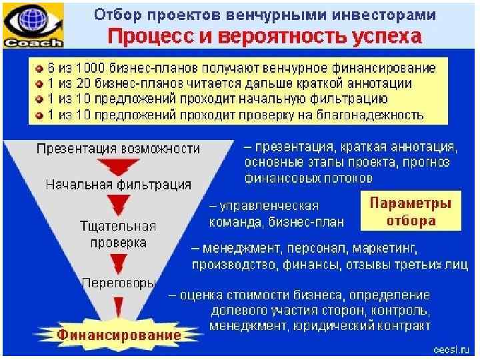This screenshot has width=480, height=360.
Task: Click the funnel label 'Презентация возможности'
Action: click(119, 148)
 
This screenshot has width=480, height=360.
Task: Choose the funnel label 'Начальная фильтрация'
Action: click(118, 184)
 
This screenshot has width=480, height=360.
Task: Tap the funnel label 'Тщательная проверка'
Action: click(119, 233)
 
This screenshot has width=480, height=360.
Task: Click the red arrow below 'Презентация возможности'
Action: click(118, 166)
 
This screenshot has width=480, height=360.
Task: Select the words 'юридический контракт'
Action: click(371, 327)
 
